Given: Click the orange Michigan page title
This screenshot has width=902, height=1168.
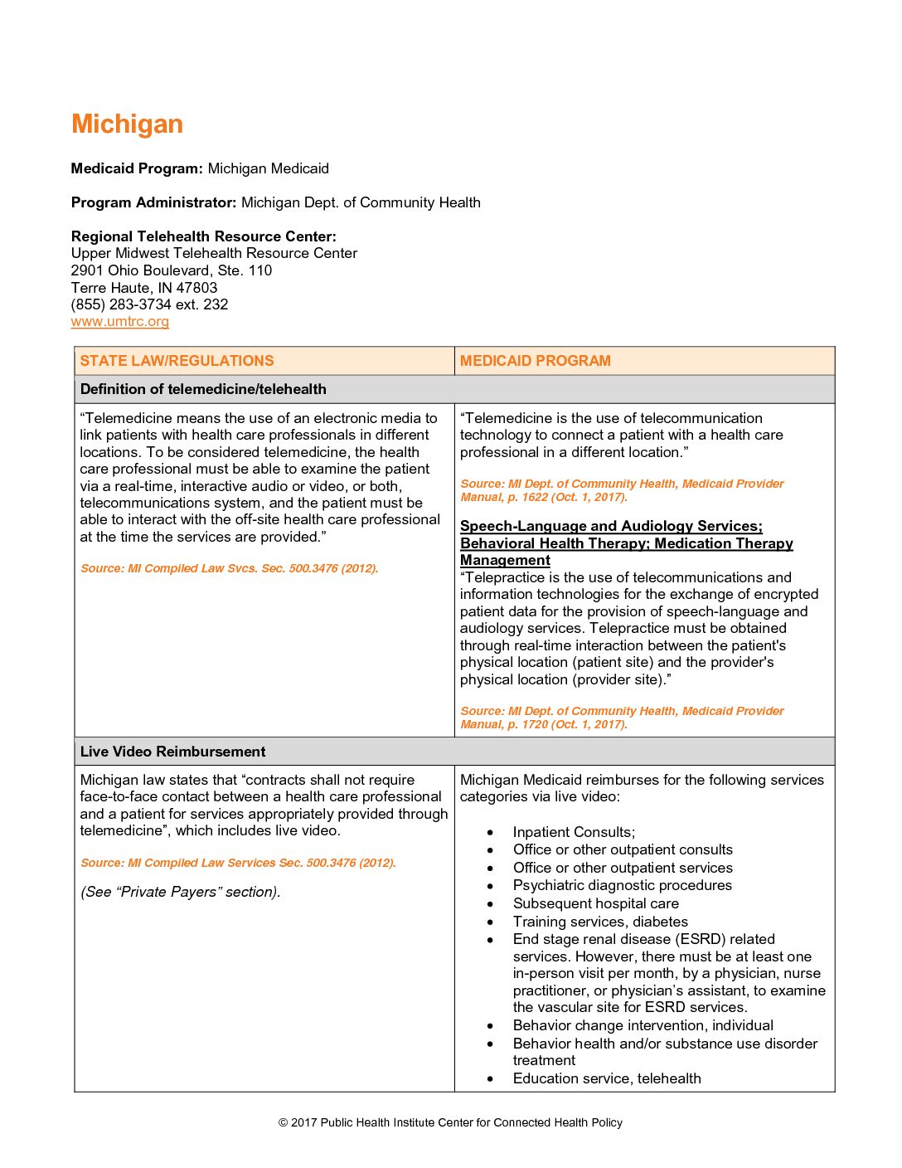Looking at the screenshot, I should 127,124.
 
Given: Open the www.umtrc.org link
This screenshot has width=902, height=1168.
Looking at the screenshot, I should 120,322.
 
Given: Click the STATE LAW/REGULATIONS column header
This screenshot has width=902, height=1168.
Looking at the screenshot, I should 177,361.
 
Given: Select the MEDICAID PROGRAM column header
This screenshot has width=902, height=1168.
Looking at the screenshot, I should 536,361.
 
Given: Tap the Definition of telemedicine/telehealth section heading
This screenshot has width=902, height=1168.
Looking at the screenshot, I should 203,389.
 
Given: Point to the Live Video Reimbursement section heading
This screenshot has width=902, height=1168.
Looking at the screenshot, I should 172,752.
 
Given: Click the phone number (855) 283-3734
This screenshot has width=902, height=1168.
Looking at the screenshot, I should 121,304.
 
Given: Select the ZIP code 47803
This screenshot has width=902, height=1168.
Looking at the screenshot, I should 196,288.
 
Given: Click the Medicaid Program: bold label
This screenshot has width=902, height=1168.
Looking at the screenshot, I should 137,168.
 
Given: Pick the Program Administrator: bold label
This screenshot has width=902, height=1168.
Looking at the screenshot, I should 154,202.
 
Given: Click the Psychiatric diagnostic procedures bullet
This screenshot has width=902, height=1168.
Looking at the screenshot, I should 623,885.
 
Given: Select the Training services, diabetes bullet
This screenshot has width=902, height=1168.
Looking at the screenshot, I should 600,922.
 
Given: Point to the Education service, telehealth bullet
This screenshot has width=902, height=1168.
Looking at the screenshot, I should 607,1078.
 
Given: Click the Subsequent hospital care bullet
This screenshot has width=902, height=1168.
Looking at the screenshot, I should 596,903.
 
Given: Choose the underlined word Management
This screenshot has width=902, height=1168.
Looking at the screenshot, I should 505,561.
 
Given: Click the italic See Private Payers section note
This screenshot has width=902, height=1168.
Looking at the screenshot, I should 181,892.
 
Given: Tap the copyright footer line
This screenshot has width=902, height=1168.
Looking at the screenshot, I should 450,1122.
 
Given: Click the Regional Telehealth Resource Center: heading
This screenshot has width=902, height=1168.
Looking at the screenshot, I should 204,236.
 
